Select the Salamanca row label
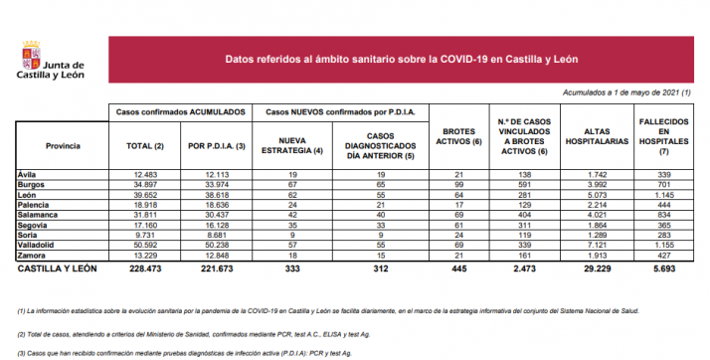pos(38,215)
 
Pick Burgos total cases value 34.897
pos(147,186)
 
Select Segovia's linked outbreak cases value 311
pos(524,225)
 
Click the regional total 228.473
pos(147,270)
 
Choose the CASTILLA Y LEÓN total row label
pos(58,270)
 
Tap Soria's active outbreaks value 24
pos(459,235)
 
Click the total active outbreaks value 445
pos(459,270)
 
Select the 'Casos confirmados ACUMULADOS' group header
pos(181,113)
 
